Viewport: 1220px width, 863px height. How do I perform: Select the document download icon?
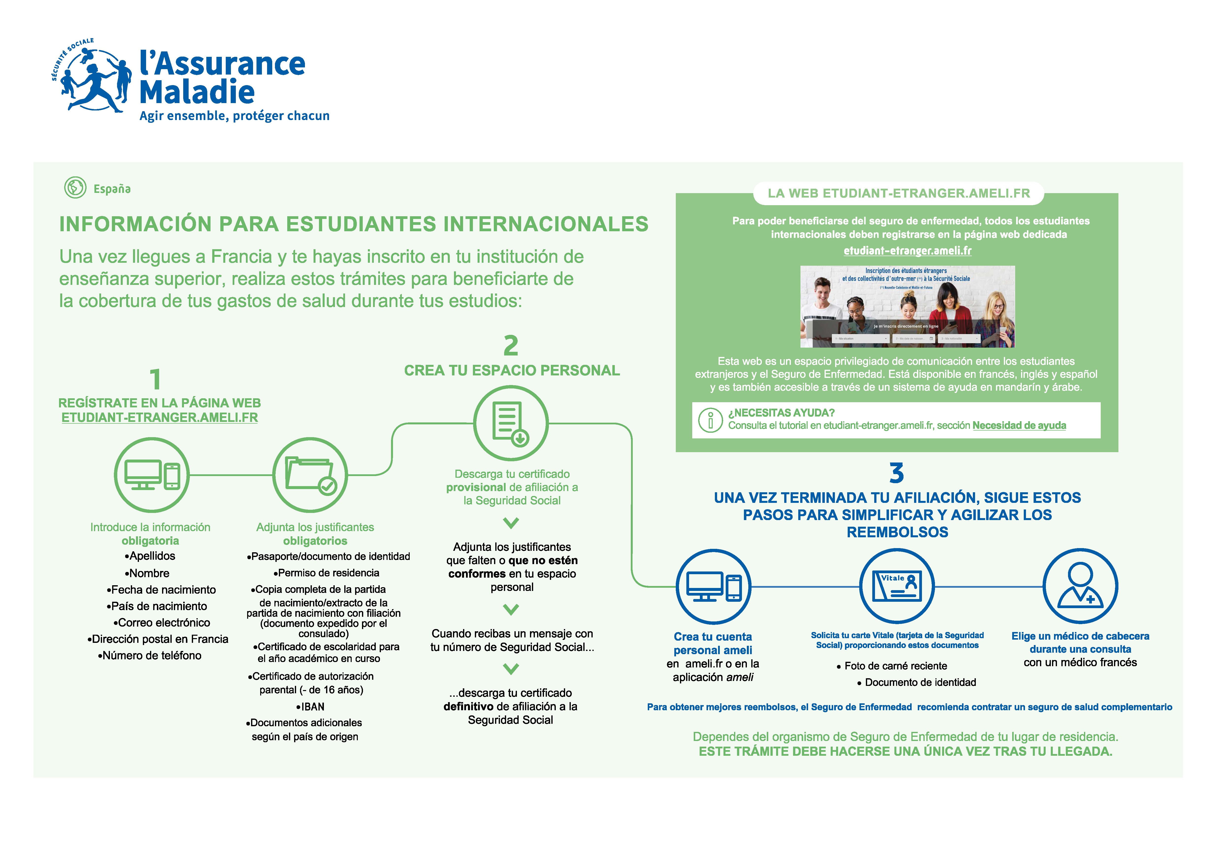[x=511, y=423]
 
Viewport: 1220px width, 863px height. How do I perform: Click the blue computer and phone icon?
[x=713, y=587]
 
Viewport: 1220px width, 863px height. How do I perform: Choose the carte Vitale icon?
[x=897, y=587]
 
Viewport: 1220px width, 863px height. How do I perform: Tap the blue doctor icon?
[x=1080, y=587]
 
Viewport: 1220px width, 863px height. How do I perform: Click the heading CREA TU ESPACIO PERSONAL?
[x=512, y=370]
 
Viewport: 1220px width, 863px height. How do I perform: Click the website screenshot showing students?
[x=907, y=307]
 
